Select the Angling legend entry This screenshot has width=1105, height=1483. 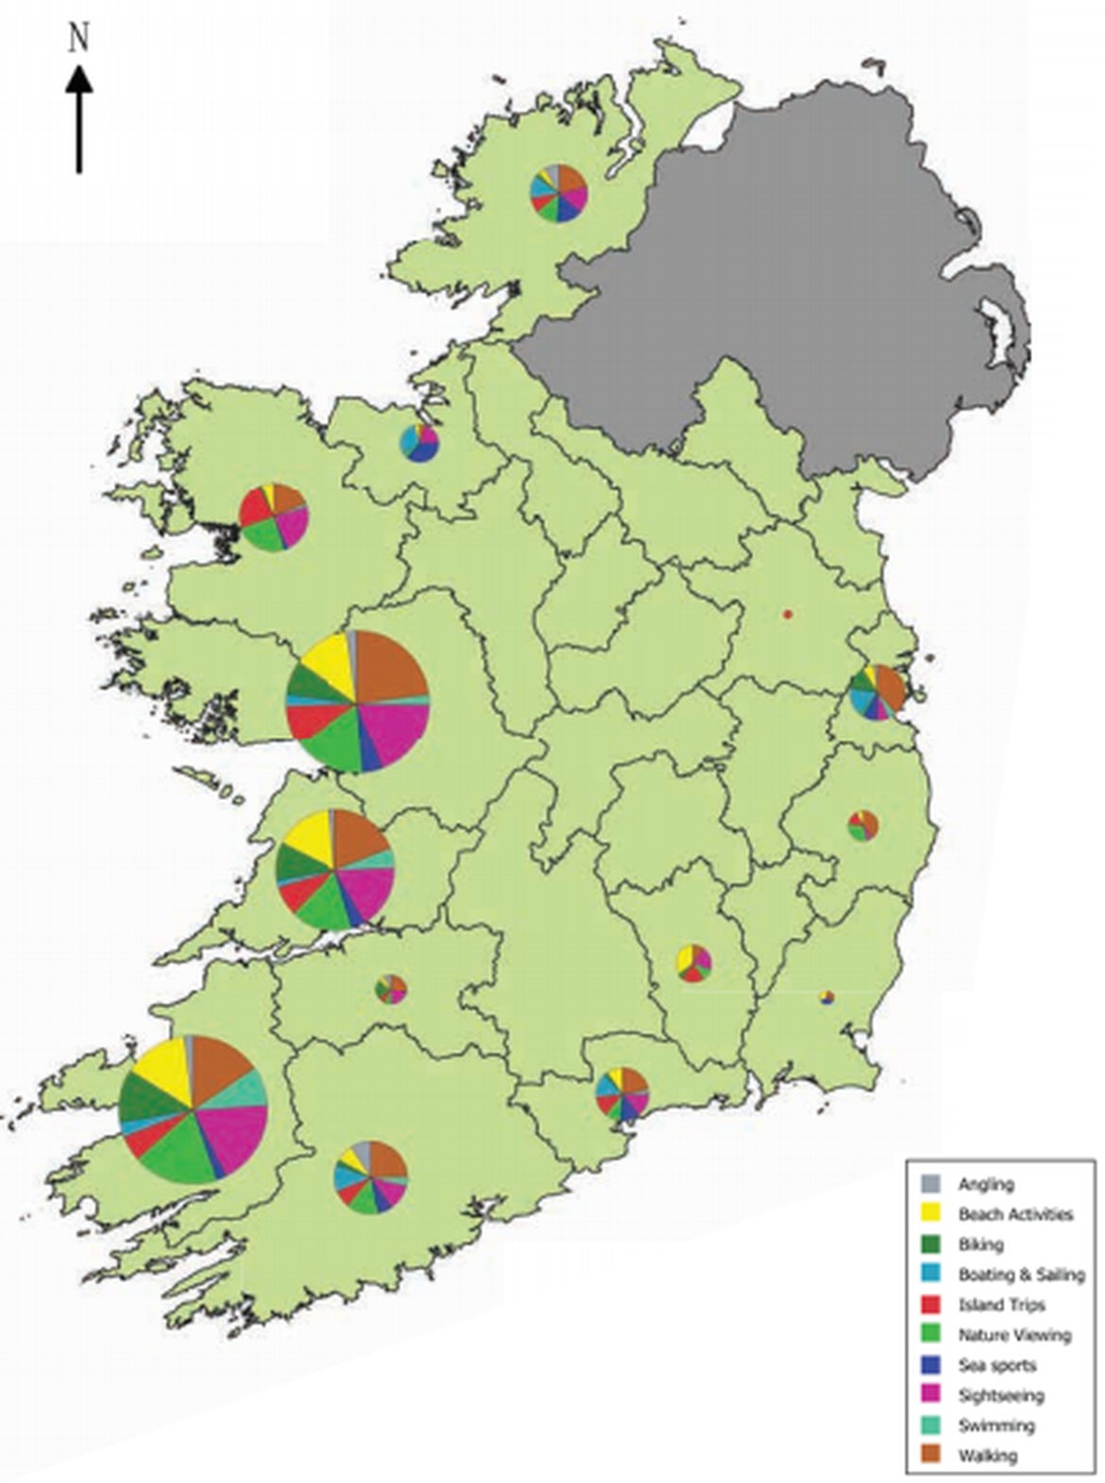(x=985, y=1184)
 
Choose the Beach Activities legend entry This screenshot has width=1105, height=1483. (x=1014, y=1214)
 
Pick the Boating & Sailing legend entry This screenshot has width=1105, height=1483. (x=1020, y=1274)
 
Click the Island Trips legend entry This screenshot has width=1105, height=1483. (x=1001, y=1304)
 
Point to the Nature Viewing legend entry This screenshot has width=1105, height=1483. (x=1014, y=1335)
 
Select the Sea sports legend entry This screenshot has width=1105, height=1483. (x=996, y=1365)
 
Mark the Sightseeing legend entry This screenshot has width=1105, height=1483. (x=1000, y=1395)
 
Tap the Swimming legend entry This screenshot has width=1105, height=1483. (x=995, y=1425)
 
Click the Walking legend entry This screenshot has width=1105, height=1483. (x=987, y=1456)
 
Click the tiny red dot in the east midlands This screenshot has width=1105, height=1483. (x=787, y=615)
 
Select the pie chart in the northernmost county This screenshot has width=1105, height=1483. (x=559, y=193)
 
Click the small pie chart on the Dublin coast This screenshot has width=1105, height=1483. (x=877, y=692)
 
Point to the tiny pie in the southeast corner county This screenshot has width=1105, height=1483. (x=827, y=997)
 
